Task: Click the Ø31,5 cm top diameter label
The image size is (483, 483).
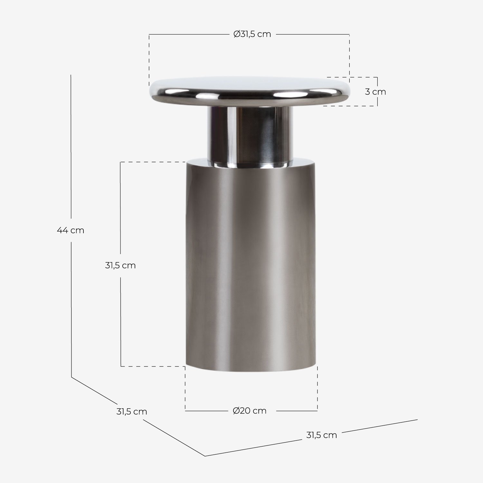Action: click(252, 34)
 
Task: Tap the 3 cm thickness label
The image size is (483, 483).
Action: click(375, 92)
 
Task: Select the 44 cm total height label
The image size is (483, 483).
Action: click(71, 231)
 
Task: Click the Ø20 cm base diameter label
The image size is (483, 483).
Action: click(250, 411)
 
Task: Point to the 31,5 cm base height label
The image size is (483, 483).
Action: click(120, 266)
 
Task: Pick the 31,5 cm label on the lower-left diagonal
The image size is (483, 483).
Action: click(131, 412)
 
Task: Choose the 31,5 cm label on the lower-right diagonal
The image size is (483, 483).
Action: click(321, 435)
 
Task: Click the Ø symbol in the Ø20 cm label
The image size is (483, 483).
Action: click(236, 411)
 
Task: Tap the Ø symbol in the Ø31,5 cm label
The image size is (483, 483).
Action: click(237, 34)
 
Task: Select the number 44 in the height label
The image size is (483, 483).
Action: click(62, 231)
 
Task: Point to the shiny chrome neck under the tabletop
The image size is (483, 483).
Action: click(250, 135)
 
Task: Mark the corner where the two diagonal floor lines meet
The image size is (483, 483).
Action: click(205, 456)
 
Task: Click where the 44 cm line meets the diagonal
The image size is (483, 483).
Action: click(71, 377)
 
